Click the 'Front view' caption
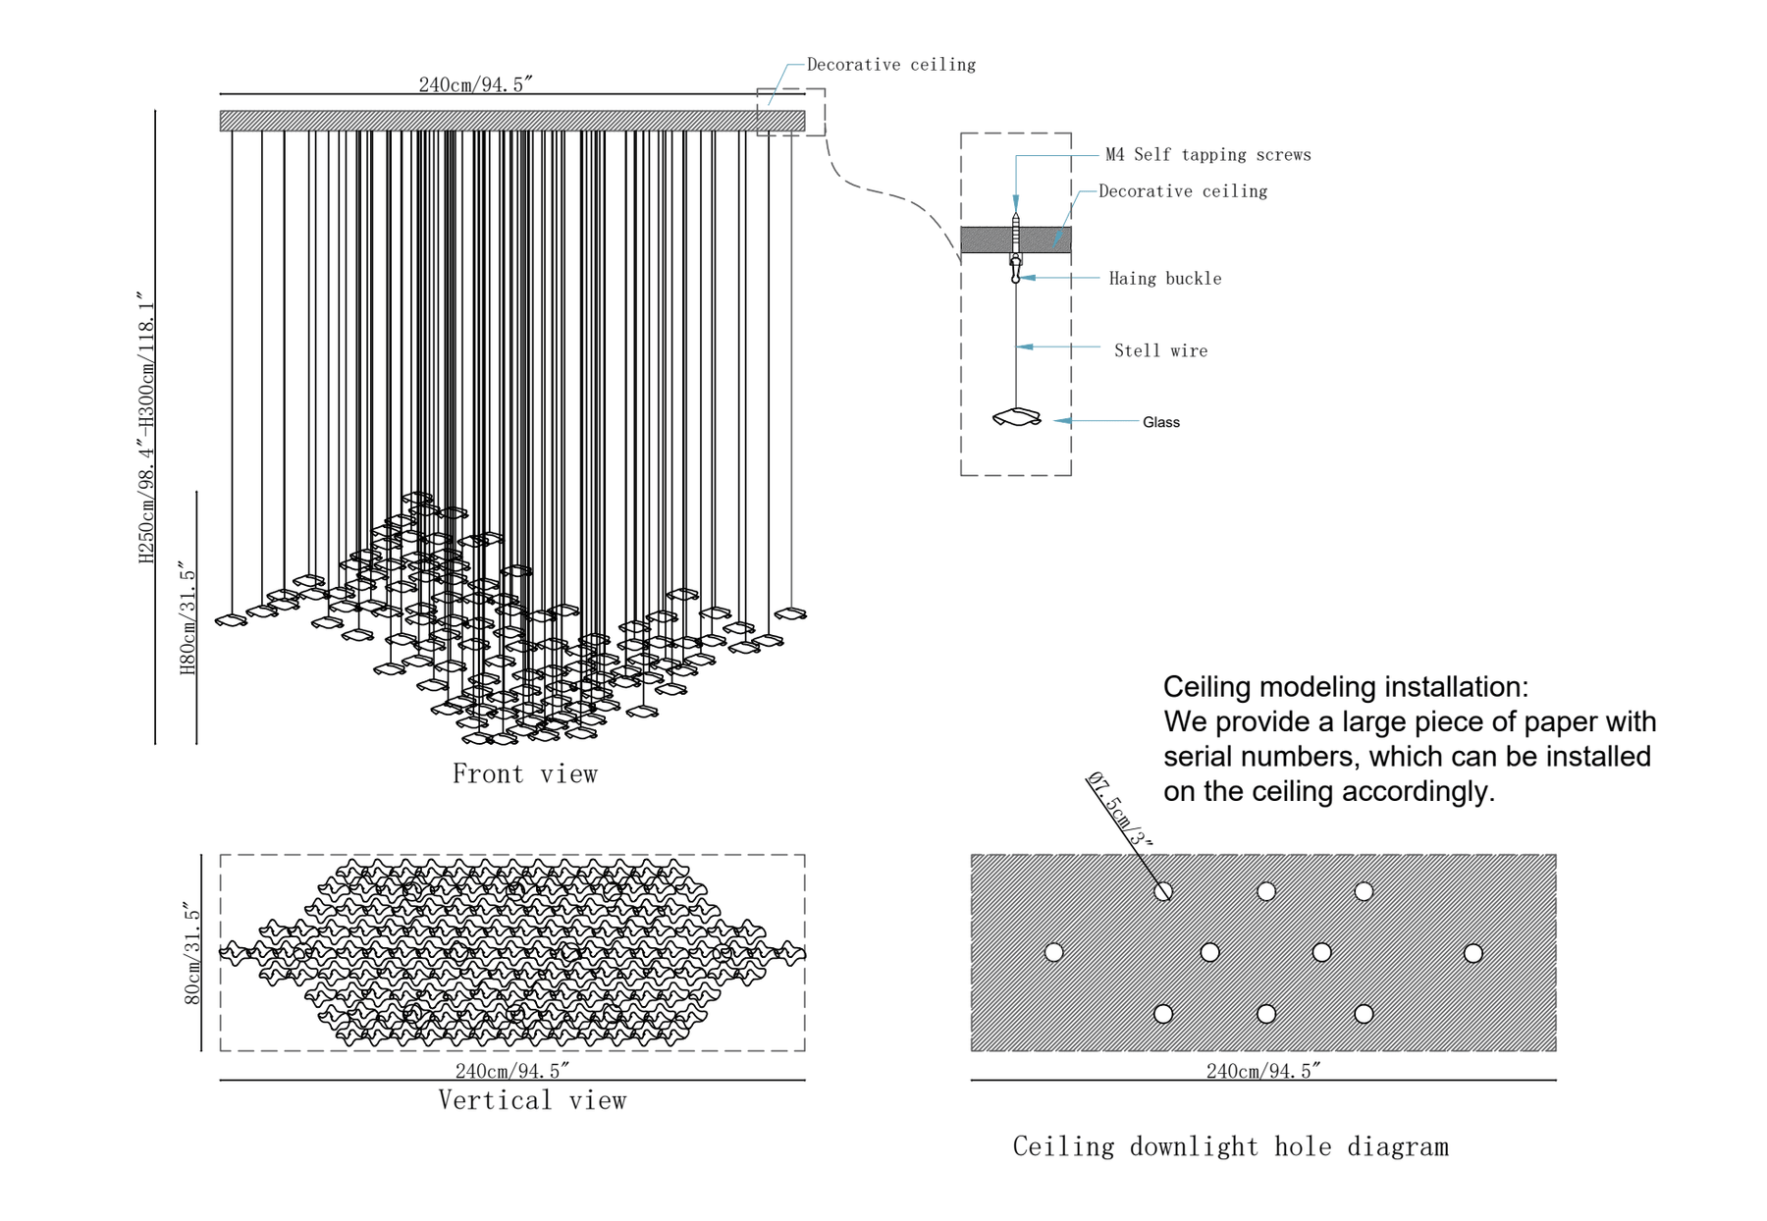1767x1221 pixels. (524, 774)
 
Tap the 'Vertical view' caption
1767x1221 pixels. (532, 1100)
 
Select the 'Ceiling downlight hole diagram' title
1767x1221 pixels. (1230, 1146)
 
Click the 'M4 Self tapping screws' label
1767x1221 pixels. (1207, 155)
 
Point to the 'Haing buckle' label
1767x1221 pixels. (1165, 279)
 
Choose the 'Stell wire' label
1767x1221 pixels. (1160, 350)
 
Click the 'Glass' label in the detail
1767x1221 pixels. (1160, 422)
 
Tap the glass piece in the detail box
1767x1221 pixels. (1017, 418)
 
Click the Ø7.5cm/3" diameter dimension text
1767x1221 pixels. (1119, 810)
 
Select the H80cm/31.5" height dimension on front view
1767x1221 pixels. (187, 618)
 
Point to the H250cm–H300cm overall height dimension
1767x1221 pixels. (146, 427)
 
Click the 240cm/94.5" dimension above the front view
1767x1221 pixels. (475, 84)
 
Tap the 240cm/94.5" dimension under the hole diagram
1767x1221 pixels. (1263, 1071)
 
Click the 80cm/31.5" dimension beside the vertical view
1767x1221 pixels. (192, 955)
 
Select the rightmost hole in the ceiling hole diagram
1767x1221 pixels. (1472, 953)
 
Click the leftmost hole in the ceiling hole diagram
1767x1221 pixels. (1053, 952)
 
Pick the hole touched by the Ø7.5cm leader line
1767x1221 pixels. (1163, 891)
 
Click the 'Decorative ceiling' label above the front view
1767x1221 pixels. (890, 65)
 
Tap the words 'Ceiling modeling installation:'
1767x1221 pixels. (1345, 687)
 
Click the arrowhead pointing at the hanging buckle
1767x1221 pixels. (1027, 279)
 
